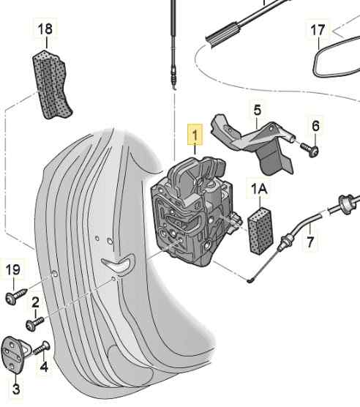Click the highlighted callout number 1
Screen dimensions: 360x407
pos(195,135)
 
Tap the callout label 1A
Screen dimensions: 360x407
pos(259,189)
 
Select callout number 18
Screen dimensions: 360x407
pos(45,29)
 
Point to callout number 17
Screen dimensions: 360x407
pos(318,30)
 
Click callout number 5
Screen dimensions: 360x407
pos(258,110)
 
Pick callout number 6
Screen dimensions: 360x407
pos(315,126)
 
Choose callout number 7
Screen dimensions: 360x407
pos(310,242)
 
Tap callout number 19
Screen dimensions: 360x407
pos(13,270)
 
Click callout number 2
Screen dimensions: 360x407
pos(35,302)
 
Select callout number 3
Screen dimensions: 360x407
pos(16,389)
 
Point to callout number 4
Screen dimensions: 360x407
pos(44,367)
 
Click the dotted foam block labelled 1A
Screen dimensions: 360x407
pos(260,231)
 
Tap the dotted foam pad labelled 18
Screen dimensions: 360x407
pos(52,84)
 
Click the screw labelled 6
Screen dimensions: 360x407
pos(310,150)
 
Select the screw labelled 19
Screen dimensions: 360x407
pos(16,296)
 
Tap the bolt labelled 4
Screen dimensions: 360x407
pos(42,348)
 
